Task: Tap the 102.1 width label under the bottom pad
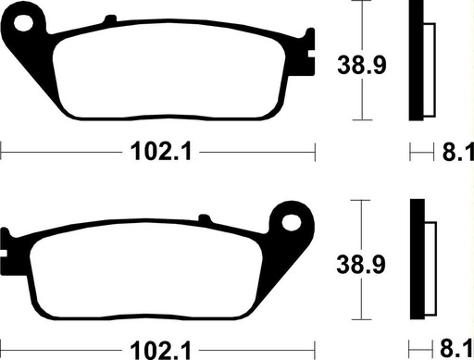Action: (158, 351)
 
